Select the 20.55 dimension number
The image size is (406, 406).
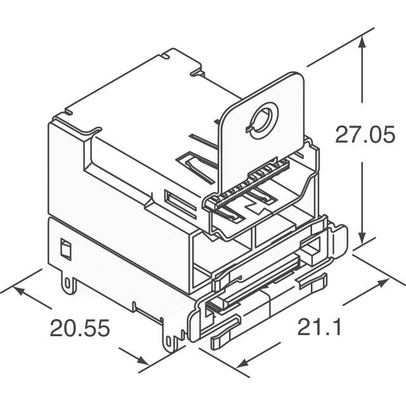pos(81,328)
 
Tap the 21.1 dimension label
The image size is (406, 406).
pos(320,328)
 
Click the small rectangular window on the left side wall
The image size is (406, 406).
pos(64,249)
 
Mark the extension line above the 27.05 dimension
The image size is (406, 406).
pos(336,48)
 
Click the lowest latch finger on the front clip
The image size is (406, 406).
pos(225,336)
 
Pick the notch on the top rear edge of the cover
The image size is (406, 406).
pos(166,58)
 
